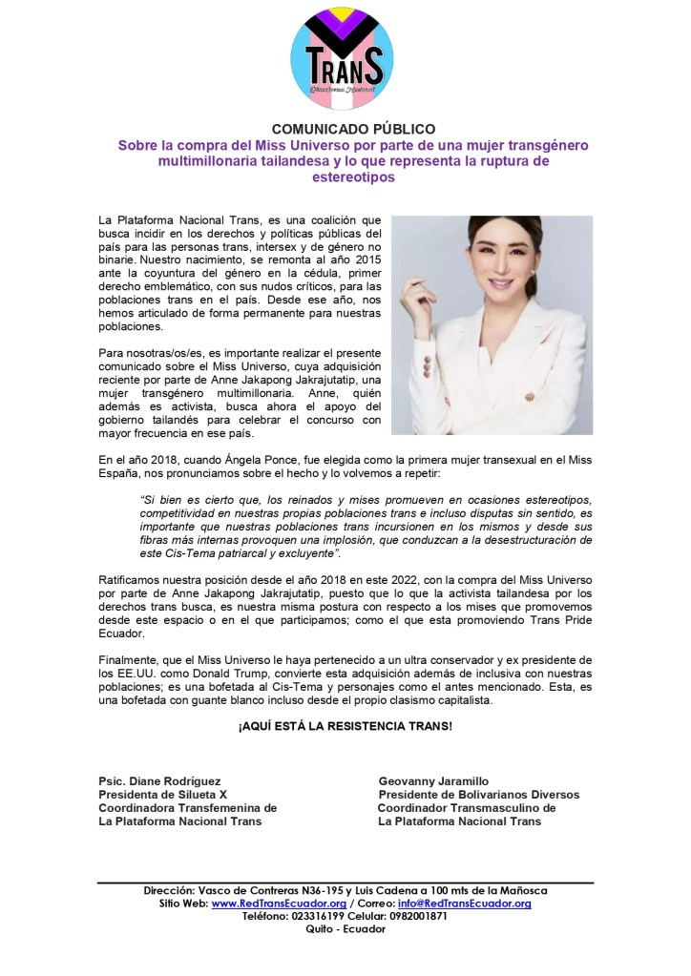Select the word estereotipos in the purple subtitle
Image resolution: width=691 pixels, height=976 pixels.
(x=345, y=177)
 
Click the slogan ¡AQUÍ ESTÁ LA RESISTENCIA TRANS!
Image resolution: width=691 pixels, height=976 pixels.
(x=345, y=727)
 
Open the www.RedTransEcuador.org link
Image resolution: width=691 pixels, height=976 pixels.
(x=278, y=903)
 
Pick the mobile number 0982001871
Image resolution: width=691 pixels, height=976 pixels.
(x=416, y=916)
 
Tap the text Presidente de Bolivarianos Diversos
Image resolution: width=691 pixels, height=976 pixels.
(x=478, y=794)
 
